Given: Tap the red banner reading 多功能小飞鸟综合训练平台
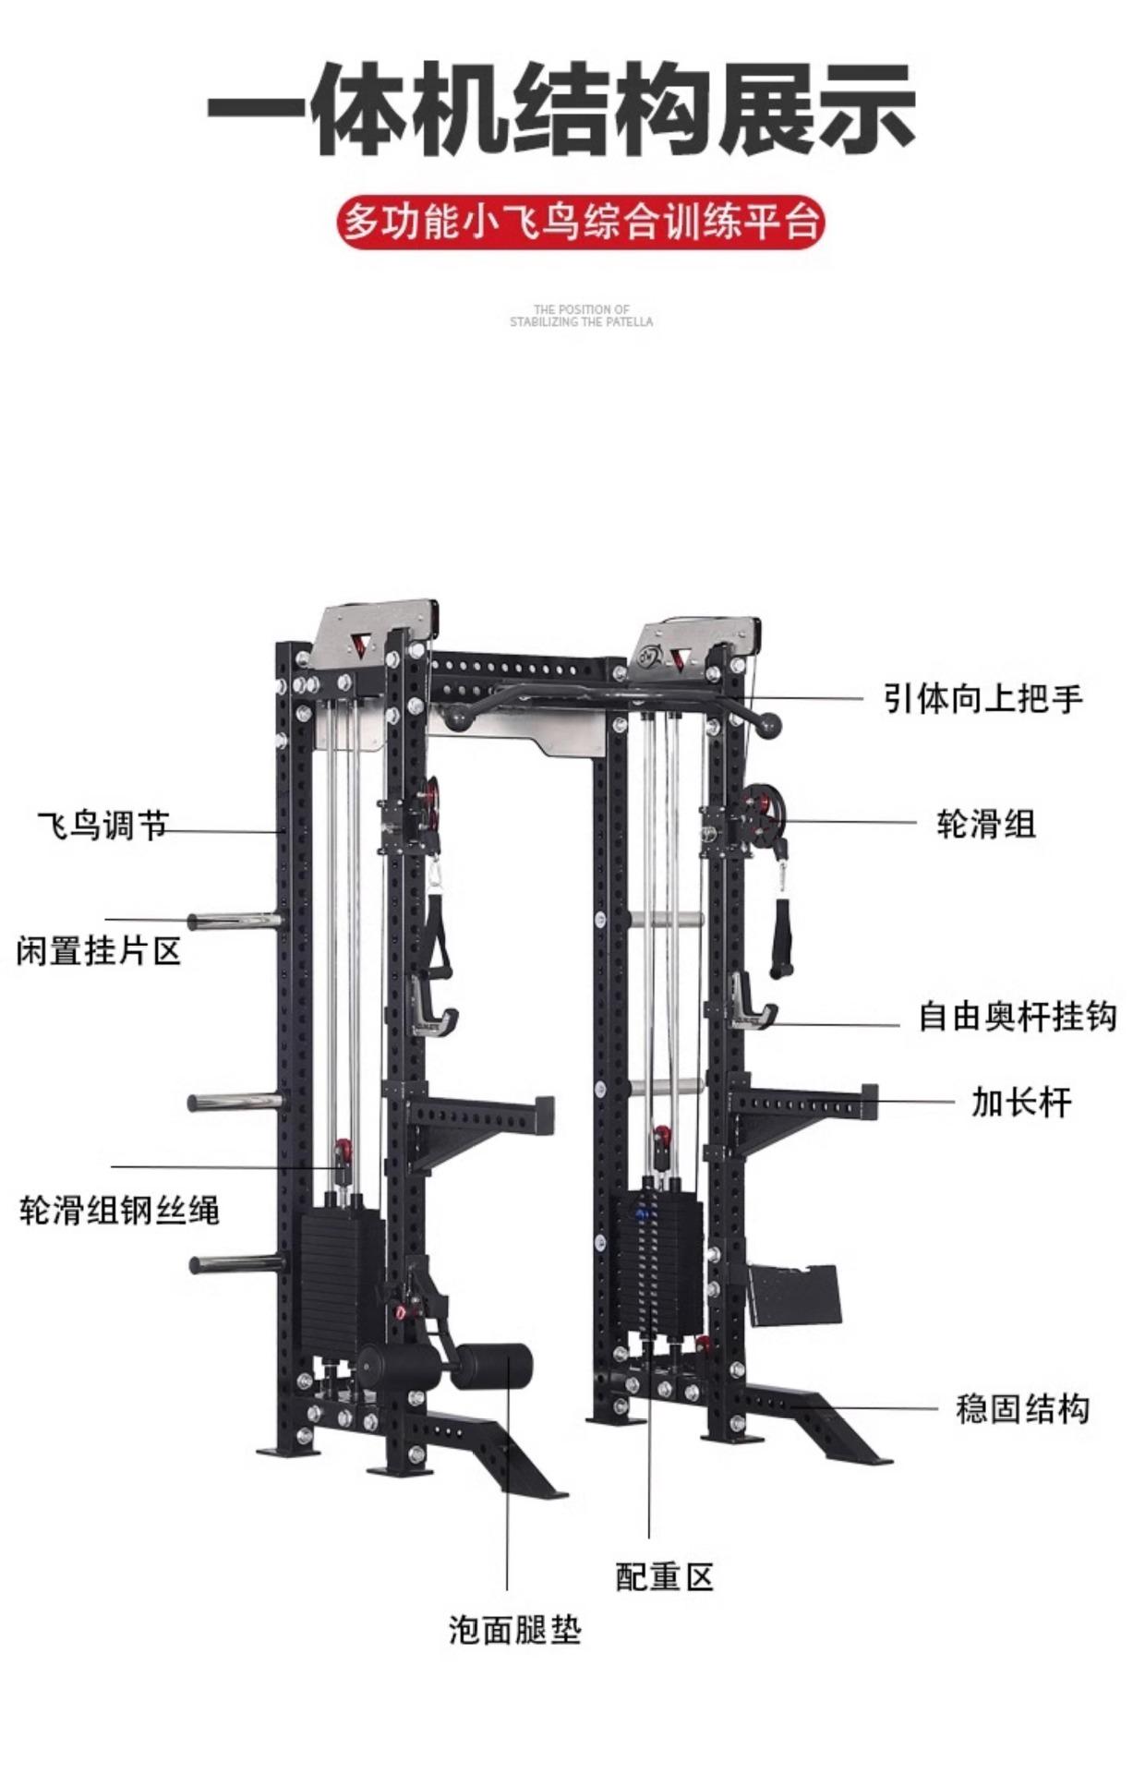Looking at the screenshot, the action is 580,223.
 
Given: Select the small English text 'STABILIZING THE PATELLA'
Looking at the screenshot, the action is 581,322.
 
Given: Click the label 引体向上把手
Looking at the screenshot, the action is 982,698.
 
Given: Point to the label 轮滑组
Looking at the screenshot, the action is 986,823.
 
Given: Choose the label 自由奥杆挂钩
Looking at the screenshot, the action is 1017,1016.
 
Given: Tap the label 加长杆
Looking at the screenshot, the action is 1020,1102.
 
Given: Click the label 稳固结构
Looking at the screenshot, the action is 1022,1409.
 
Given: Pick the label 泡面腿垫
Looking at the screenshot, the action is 514,1630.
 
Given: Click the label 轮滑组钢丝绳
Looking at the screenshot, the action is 119,1210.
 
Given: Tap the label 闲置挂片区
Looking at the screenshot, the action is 99,950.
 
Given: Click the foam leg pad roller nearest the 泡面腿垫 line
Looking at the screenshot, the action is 496,1366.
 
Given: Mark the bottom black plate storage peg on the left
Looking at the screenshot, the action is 236,1264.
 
